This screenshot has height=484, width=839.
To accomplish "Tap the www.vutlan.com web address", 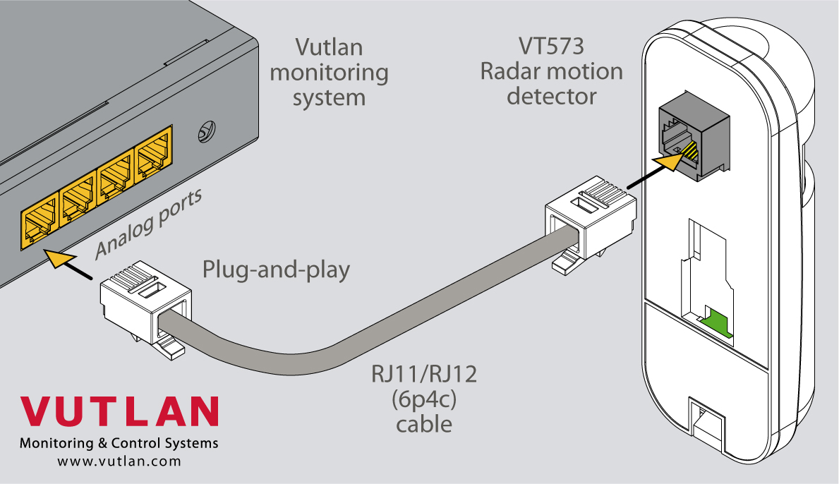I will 119,461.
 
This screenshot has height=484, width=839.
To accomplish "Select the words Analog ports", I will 148,222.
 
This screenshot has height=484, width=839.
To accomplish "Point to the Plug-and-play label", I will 276,270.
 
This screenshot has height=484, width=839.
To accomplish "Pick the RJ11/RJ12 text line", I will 424,374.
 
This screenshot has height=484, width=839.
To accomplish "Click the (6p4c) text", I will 424,399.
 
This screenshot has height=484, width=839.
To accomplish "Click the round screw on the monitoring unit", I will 207,131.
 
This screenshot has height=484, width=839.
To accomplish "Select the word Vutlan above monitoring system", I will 329,48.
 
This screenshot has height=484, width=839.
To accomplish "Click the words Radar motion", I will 551,71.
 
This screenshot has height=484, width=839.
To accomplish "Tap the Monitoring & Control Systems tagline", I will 119,444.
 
